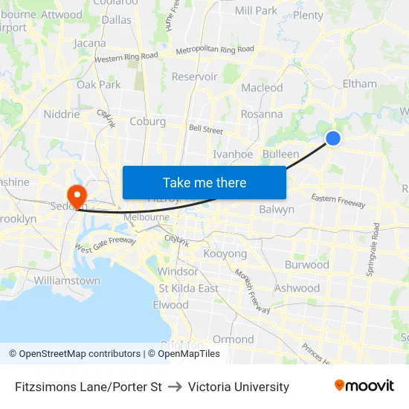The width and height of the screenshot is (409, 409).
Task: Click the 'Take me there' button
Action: [x=204, y=182]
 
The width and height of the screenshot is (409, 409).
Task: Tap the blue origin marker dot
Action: [x=333, y=138]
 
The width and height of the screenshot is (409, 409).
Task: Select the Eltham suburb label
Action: [x=359, y=83]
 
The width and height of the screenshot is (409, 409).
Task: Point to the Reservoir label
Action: [x=194, y=77]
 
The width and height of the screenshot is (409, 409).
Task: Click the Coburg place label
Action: [x=147, y=121]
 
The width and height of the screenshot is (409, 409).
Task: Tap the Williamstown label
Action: [x=67, y=280]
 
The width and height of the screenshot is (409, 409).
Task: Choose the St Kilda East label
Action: [x=188, y=288]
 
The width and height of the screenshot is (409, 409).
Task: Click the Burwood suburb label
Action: [x=306, y=264]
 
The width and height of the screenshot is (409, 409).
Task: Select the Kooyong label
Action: [x=225, y=254]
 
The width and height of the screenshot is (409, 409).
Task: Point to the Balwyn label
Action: [x=277, y=209]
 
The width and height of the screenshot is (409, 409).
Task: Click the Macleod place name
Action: [x=262, y=88]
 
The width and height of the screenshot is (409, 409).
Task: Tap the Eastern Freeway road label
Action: [x=338, y=200]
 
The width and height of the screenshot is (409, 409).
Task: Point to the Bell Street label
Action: [x=206, y=129]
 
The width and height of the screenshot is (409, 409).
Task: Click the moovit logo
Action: [x=364, y=386]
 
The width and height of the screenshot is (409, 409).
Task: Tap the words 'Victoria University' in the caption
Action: [x=239, y=387]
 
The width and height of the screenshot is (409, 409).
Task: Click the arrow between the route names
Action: [x=175, y=387]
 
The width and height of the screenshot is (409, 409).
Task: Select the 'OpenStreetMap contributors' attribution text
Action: [x=80, y=354]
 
